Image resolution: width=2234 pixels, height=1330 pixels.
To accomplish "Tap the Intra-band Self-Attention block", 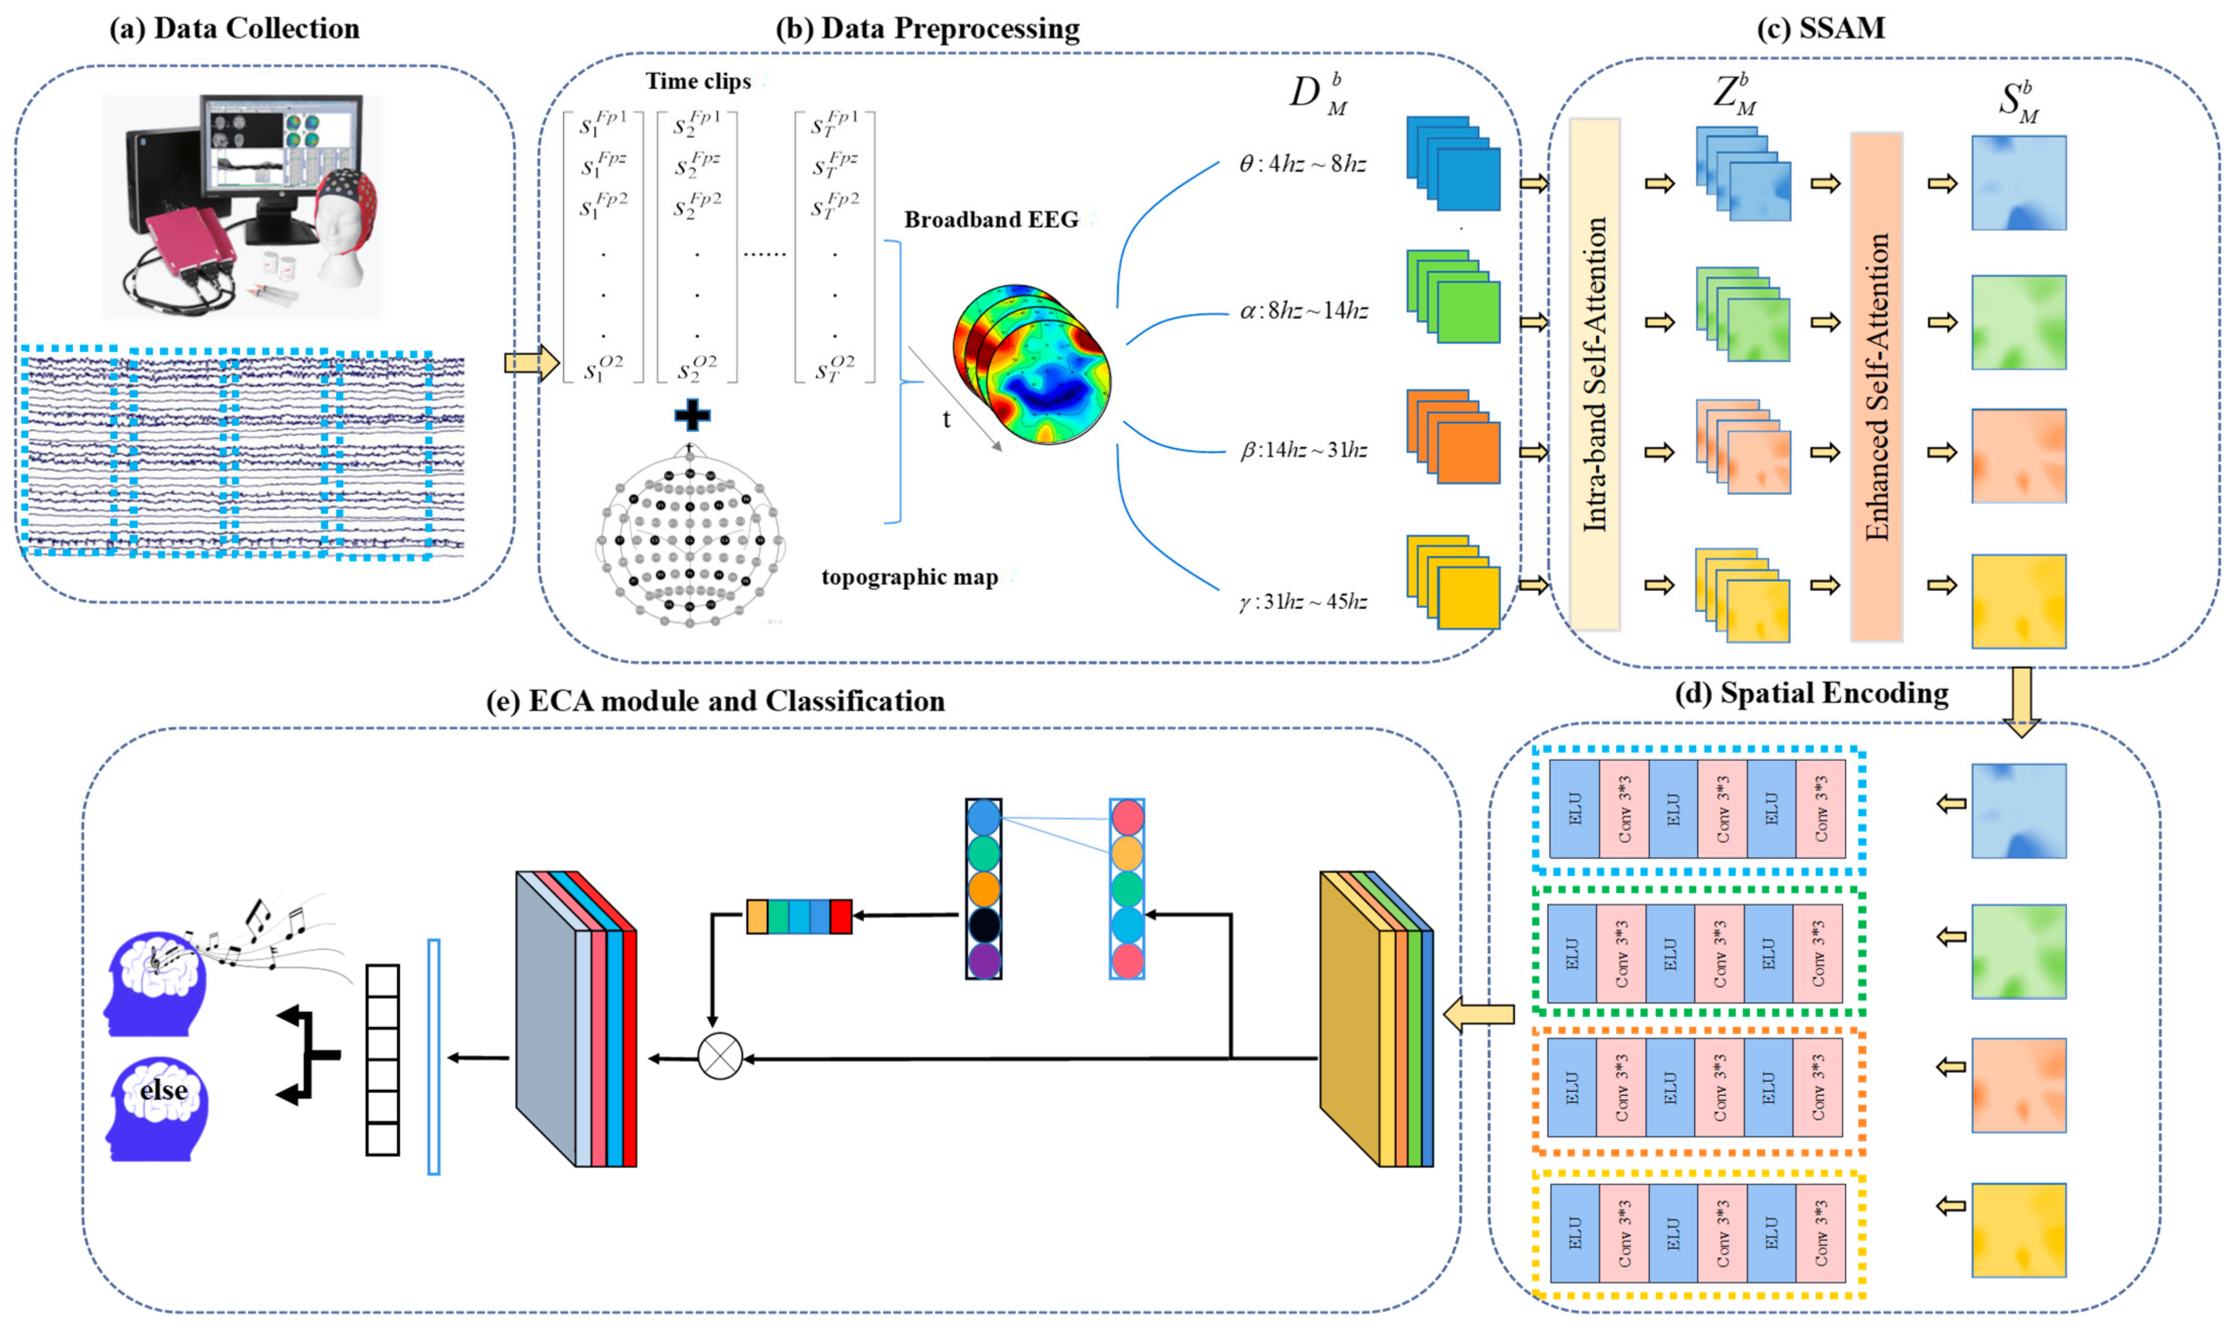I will point(1594,375).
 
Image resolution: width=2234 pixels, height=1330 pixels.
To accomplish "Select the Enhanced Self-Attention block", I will point(1877,387).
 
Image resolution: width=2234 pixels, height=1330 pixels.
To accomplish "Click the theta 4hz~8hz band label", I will point(1302,164).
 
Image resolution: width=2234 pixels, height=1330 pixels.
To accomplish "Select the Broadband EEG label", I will point(990,220).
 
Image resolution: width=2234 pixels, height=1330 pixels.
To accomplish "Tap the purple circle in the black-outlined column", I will point(983,960).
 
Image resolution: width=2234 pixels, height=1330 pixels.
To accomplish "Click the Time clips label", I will point(698,81).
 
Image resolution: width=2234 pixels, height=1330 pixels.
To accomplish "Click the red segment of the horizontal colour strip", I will point(840,917).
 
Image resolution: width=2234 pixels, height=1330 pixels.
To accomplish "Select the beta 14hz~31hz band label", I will point(1302,450).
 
